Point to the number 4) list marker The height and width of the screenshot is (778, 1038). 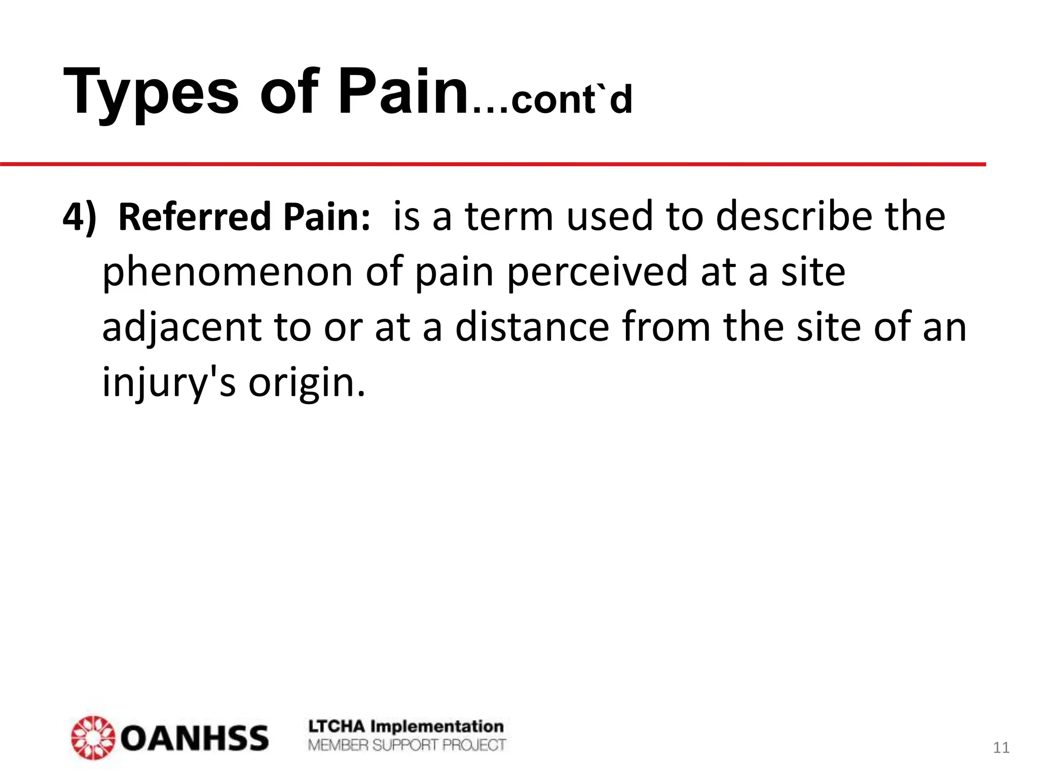tap(79, 217)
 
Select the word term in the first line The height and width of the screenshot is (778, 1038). tap(508, 217)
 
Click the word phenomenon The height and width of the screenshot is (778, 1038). tap(228, 273)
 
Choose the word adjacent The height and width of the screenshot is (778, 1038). tap(181, 328)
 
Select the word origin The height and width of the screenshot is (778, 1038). tap(306, 383)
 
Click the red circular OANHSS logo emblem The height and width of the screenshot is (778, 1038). tap(93, 737)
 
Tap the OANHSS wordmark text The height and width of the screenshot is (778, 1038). tap(195, 738)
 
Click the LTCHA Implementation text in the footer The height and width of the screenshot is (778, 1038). tap(406, 726)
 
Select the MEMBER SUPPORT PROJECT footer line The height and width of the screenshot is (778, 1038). tap(407, 745)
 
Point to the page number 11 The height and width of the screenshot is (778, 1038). tap(1001, 748)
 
